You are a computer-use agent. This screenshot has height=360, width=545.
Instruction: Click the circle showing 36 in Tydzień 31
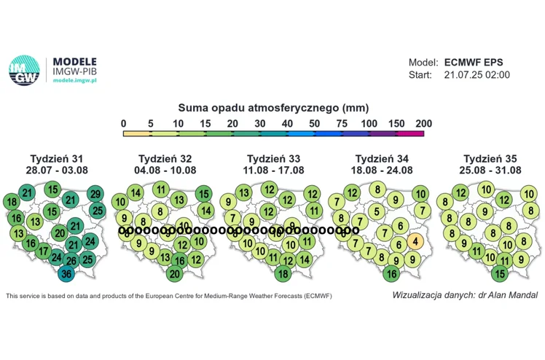pyautogui.click(x=66, y=274)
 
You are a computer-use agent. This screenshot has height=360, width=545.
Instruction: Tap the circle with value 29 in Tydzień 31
pyautogui.click(x=95, y=194)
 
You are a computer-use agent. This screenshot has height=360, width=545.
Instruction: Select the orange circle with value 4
pyautogui.click(x=414, y=240)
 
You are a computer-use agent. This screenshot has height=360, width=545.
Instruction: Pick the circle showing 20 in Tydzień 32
pyautogui.click(x=174, y=274)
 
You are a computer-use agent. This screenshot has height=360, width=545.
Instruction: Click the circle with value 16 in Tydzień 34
pyautogui.click(x=391, y=274)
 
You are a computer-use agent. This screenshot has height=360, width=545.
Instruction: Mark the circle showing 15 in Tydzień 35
pyautogui.click(x=499, y=274)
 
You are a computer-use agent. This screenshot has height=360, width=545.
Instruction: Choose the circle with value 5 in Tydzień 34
pyautogui.click(x=376, y=211)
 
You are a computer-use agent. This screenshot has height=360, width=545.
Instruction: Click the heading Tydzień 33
pyautogui.click(x=272, y=158)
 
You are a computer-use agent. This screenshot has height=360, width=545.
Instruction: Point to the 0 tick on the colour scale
pyautogui.click(x=124, y=123)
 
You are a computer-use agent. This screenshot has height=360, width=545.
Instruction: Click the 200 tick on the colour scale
pyautogui.click(x=423, y=123)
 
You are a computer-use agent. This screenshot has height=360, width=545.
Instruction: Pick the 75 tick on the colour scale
pyautogui.click(x=342, y=123)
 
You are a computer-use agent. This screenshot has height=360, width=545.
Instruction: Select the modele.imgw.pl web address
pyautogui.click(x=74, y=80)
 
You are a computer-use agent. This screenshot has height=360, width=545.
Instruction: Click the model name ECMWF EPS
pyautogui.click(x=474, y=63)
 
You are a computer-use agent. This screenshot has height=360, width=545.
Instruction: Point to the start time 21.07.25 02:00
pyautogui.click(x=477, y=75)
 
